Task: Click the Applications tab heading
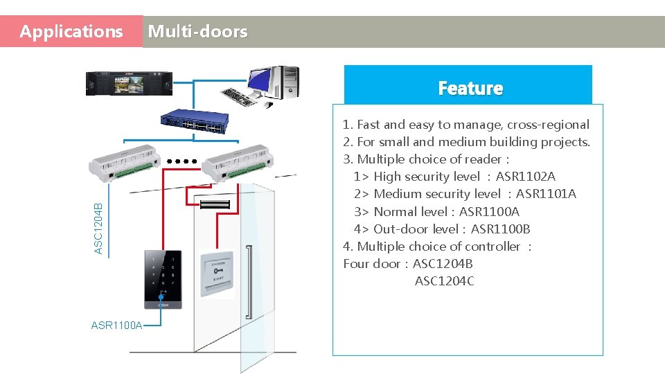[71, 32]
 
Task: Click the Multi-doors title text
[197, 32]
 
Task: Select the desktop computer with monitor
[267, 84]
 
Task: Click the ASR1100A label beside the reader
[116, 326]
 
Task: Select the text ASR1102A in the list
[525, 177]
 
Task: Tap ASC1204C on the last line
[444, 281]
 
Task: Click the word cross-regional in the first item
[548, 125]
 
